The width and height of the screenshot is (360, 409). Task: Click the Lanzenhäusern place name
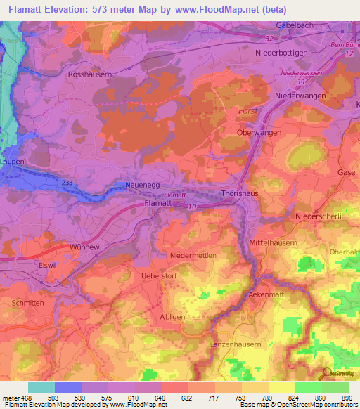coord(236,344)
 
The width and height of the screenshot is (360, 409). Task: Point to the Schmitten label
coord(28,302)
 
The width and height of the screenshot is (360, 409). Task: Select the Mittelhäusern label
coord(274,243)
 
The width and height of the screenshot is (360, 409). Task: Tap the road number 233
coord(67,183)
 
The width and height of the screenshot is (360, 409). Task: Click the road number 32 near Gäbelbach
coord(269,39)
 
